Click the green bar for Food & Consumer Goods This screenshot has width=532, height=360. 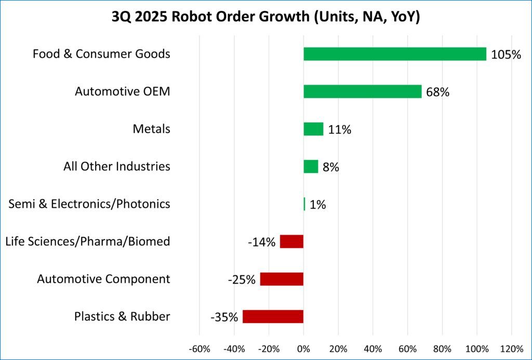tap(395, 54)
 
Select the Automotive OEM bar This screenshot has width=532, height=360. tap(362, 91)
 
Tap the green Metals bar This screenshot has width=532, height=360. tap(313, 129)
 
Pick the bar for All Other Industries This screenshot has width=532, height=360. tap(311, 166)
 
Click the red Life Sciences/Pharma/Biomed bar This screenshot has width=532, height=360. tap(291, 242)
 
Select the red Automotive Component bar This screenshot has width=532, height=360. tap(282, 279)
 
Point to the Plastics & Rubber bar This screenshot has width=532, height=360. tap(273, 316)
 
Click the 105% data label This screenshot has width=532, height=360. tap(506, 55)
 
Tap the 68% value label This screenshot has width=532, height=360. tap(437, 92)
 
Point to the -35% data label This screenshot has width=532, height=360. tap(224, 317)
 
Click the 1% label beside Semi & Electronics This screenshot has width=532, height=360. tap(317, 205)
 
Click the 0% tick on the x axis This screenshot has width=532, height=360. tap(303, 348)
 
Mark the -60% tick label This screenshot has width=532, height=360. tap(199, 348)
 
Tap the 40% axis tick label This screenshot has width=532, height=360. tap(373, 348)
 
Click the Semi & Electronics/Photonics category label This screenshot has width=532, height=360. tap(89, 204)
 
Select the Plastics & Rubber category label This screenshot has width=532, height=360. tap(122, 316)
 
